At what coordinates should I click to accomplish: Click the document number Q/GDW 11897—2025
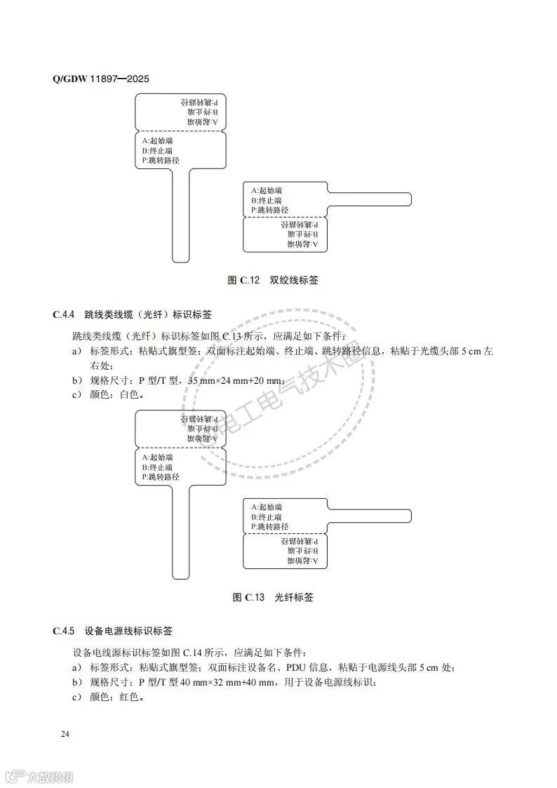100,78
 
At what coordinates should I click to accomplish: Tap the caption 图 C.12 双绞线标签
273,280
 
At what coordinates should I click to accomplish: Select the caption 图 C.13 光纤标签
273,598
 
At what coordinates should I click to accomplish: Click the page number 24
65,734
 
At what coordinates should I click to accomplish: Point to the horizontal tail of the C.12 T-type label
370,199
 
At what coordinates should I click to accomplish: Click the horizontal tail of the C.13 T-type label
370,515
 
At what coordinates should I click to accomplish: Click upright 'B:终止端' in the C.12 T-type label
267,200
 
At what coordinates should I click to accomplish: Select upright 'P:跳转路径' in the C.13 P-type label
161,477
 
